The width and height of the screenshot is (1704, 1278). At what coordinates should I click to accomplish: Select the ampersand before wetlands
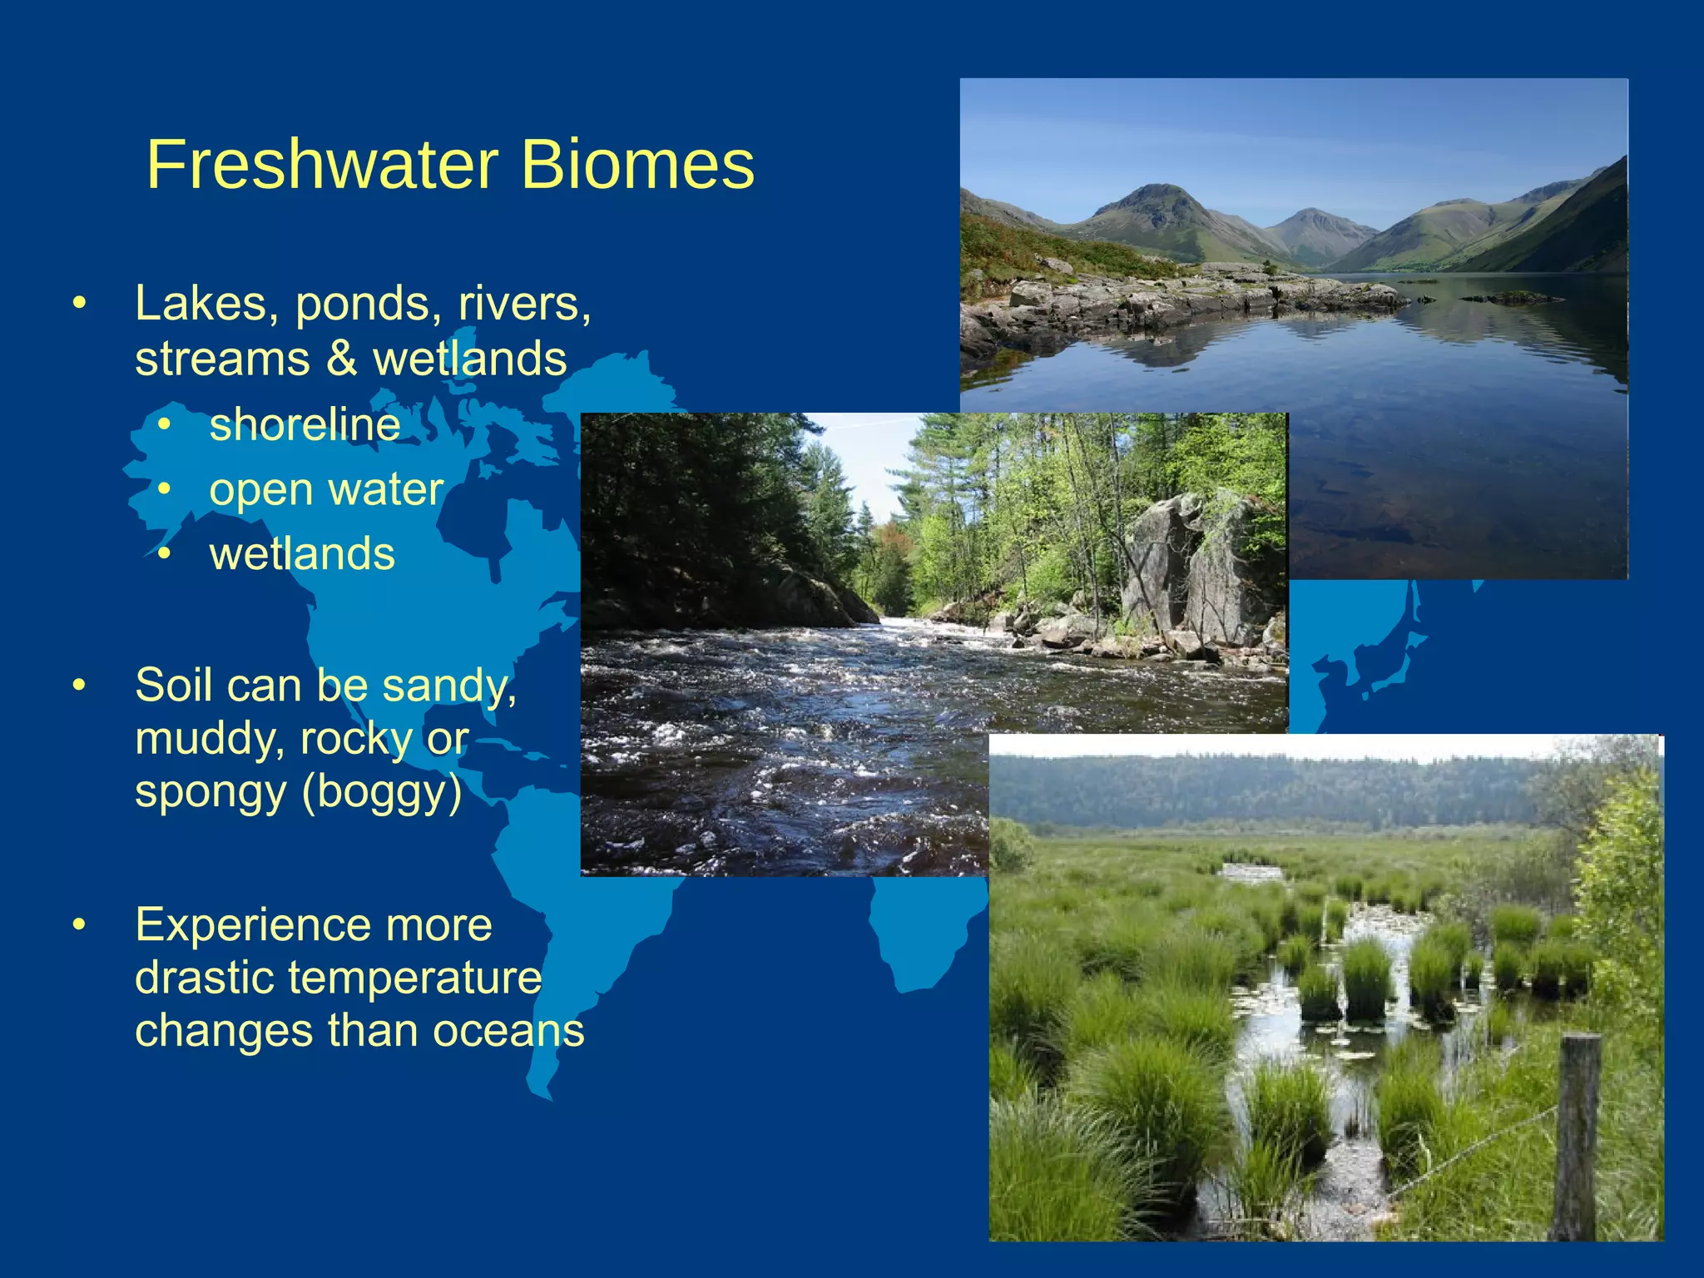click(x=340, y=359)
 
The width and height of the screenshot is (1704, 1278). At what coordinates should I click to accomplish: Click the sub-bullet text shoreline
click(x=305, y=424)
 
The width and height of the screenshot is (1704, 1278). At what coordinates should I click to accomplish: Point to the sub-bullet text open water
click(x=326, y=489)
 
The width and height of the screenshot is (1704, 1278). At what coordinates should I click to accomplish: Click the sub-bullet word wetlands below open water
click(x=302, y=554)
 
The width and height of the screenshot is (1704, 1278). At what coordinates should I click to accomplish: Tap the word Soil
click(x=171, y=686)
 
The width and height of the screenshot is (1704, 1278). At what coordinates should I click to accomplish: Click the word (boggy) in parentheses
click(x=382, y=791)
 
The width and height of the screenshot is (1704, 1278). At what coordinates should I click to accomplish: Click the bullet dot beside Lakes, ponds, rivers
click(x=79, y=304)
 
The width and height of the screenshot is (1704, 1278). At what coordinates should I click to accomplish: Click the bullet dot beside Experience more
click(x=79, y=925)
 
